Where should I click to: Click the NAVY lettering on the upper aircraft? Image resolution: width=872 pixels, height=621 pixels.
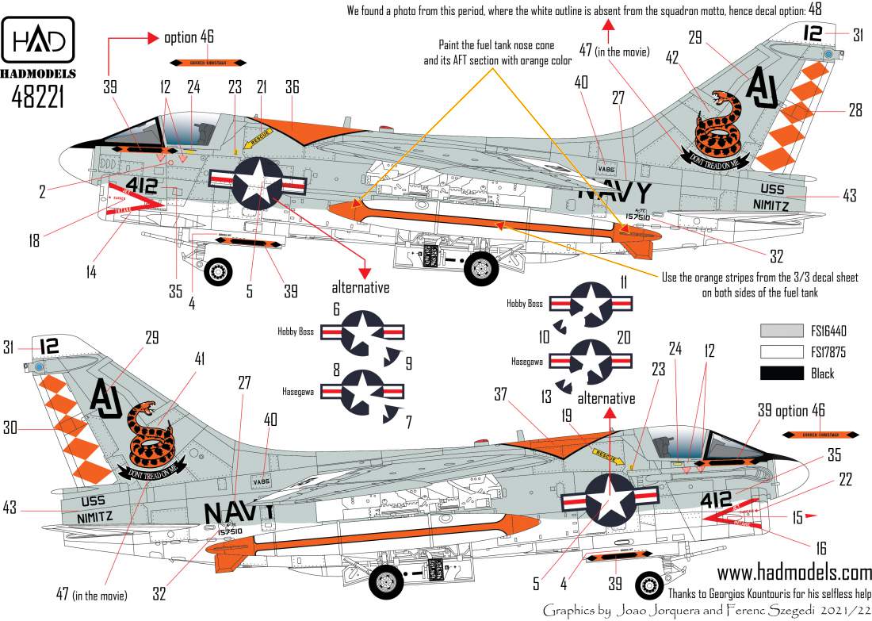tap(615, 193)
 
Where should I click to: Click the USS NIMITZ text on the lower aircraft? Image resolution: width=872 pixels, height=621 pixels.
tap(100, 509)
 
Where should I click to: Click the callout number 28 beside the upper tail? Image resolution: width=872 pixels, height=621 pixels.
tap(854, 110)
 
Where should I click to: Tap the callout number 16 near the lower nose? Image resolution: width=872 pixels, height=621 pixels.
tap(820, 548)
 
